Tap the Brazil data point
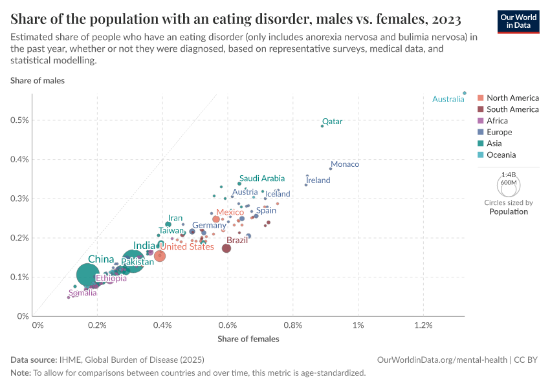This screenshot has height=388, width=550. [226, 248]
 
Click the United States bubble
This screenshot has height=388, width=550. [159, 255]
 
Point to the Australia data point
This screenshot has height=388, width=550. [465, 93]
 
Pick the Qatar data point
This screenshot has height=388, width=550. [322, 126]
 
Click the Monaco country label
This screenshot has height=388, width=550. [344, 164]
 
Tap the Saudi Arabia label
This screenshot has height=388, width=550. [261, 178]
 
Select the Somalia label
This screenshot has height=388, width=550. [83, 293]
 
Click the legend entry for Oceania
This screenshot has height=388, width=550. [501, 155]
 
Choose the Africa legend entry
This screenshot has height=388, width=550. [497, 121]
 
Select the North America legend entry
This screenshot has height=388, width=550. [512, 98]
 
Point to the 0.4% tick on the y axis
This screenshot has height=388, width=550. [18, 159]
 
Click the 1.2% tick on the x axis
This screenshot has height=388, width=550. [423, 324]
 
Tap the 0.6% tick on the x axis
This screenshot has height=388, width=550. [228, 324]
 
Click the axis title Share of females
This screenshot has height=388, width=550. [248, 338]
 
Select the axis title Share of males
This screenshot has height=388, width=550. [38, 81]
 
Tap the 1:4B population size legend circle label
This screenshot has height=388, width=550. [509, 175]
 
